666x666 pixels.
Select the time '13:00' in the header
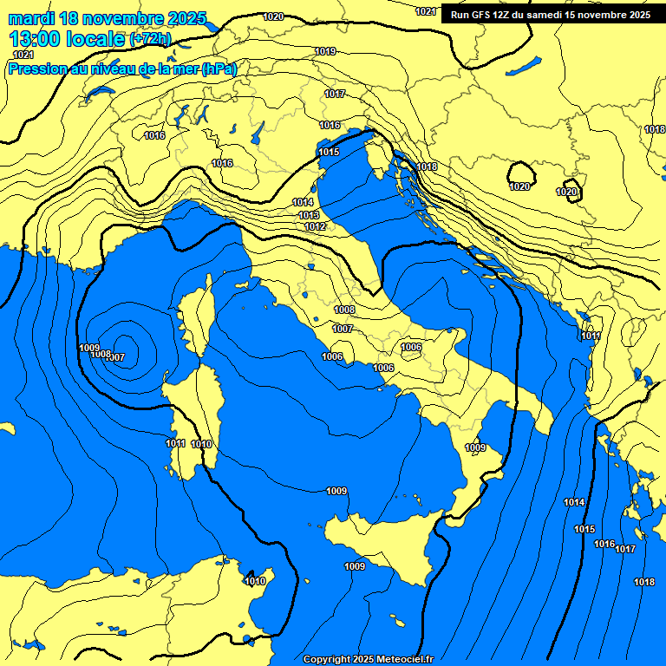[35, 39]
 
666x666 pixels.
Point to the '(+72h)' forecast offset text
[150, 39]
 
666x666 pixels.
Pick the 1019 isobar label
[325, 52]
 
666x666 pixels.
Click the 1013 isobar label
[309, 215]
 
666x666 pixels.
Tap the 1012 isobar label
[315, 226]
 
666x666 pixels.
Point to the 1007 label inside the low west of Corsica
[115, 357]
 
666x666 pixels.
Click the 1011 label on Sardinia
[175, 443]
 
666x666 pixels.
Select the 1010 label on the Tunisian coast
[255, 581]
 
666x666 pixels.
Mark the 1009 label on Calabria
[475, 447]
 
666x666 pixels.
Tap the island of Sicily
[390, 546]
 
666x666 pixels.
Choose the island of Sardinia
[191, 416]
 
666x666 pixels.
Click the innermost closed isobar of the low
[124, 346]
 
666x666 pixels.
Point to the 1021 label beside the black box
[426, 11]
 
